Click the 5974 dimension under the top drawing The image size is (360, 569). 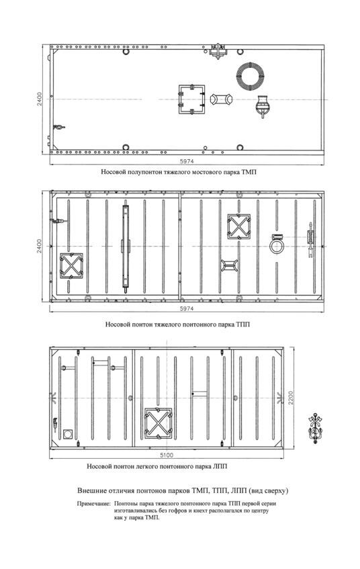click(x=187, y=161)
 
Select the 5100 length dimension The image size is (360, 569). click(x=167, y=455)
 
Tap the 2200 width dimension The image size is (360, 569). click(x=291, y=398)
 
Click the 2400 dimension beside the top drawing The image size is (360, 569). click(x=40, y=99)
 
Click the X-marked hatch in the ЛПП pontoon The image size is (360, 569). click(x=159, y=423)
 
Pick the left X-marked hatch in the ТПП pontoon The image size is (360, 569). click(x=71, y=265)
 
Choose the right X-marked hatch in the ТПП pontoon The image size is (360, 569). click(x=239, y=226)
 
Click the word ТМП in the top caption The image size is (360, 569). click(x=249, y=172)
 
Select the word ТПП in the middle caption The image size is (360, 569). click(x=242, y=324)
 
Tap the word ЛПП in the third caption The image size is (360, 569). click(x=220, y=466)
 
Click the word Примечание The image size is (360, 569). click(x=93, y=504)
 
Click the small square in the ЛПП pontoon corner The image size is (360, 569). click(x=68, y=434)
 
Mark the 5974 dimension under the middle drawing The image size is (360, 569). click(x=187, y=308)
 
